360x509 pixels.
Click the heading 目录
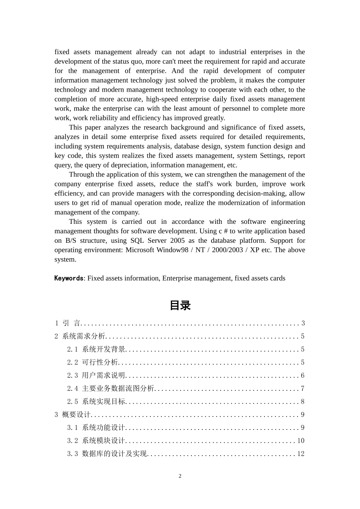180,306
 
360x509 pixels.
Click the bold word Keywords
69,278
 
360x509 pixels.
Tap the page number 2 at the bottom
180,476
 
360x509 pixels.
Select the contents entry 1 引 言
67,323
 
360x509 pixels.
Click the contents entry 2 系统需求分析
80,336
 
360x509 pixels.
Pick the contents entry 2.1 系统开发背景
96,349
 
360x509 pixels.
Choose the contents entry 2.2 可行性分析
93,362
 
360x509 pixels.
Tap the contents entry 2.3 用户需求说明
96,375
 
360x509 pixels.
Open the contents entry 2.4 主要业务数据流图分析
111,389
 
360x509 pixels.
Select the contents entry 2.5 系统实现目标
96,401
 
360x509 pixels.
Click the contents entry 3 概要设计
73,415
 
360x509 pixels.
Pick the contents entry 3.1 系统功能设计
96,428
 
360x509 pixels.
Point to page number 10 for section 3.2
301,441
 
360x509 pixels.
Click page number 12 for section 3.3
301,454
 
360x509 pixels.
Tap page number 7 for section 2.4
303,389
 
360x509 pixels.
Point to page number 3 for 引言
303,323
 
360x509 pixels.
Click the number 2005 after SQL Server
177,240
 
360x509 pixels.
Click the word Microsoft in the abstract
140,250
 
